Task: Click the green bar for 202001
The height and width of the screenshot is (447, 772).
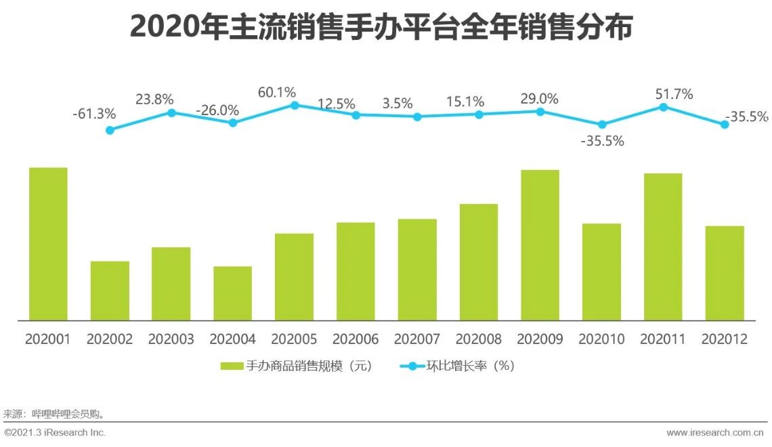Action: (x=48, y=244)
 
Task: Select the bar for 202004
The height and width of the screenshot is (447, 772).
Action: (x=232, y=293)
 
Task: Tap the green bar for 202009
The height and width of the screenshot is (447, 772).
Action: (x=540, y=244)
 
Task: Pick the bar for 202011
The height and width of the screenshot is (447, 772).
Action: (x=663, y=247)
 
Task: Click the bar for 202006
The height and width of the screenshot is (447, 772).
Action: (x=356, y=271)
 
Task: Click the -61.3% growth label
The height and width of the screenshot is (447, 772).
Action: (x=93, y=113)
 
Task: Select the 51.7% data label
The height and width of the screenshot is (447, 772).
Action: (x=674, y=94)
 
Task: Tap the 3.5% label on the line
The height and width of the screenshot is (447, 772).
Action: (x=397, y=103)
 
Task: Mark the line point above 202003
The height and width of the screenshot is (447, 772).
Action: (x=171, y=112)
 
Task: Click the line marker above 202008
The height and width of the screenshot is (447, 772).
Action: (x=479, y=114)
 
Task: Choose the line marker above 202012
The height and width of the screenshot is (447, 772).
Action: (x=725, y=125)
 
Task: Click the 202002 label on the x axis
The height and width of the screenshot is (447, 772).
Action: (x=110, y=339)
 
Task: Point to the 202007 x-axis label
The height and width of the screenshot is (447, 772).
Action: (x=417, y=339)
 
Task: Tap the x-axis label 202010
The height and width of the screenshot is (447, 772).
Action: (x=601, y=339)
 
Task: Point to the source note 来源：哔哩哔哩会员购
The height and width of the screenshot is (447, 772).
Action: (x=54, y=413)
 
